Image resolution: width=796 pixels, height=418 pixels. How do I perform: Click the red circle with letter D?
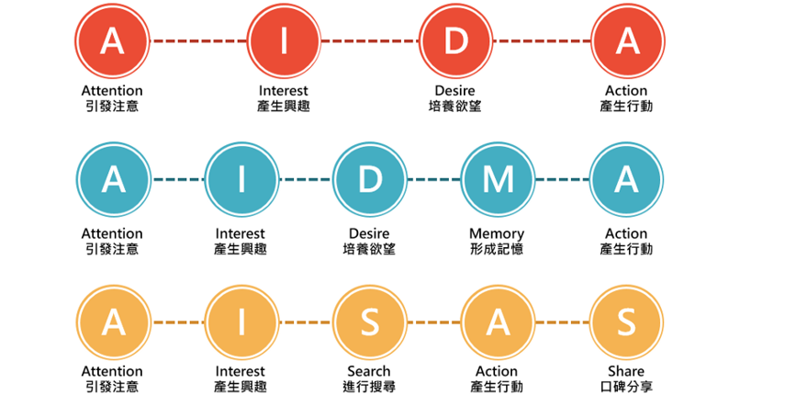(455, 40)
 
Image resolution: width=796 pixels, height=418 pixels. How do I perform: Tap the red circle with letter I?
(284, 40)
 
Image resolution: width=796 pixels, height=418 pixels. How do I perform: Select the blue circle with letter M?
(498, 179)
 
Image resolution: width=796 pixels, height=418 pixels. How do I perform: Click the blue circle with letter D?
(370, 179)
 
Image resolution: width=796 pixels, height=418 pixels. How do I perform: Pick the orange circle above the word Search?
(370, 322)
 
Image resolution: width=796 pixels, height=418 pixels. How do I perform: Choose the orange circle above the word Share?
(626, 322)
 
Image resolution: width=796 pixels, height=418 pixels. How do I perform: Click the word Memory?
(497, 234)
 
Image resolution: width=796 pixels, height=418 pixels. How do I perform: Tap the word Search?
(369, 371)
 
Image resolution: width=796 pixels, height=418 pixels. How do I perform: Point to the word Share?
(626, 371)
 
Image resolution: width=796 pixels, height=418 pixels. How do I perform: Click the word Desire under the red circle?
(454, 91)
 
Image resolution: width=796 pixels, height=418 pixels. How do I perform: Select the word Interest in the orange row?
(241, 371)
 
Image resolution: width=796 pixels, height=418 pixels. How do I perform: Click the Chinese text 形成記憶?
(497, 249)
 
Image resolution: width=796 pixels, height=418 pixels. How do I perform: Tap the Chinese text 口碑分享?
(626, 387)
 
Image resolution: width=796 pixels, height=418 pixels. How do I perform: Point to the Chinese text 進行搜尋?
(369, 387)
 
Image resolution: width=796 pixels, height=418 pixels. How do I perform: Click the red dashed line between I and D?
(370, 40)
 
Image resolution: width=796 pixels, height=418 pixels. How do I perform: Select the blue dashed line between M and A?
(562, 179)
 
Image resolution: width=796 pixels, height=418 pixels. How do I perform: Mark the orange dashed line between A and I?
(178, 322)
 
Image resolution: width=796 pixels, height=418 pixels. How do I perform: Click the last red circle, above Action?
(627, 40)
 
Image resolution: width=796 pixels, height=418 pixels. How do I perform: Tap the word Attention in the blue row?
(112, 233)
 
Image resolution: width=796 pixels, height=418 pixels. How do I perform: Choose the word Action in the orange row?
(497, 371)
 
